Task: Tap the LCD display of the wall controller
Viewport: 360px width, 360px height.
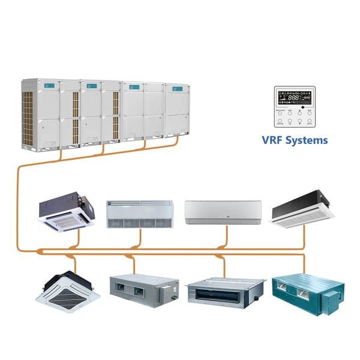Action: (294, 98)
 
